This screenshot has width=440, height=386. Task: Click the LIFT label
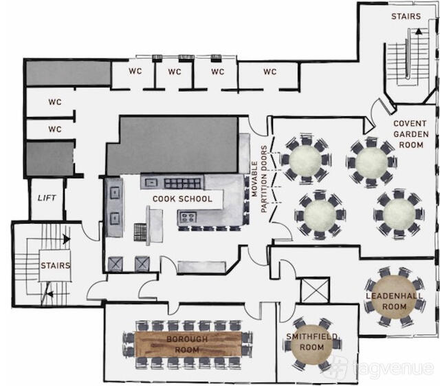click(x=47, y=197)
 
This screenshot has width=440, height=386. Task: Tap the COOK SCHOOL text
click(x=182, y=199)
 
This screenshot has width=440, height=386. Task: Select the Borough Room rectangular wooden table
click(x=188, y=344)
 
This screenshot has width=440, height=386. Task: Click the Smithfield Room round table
click(x=311, y=342)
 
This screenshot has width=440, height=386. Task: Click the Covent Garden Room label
click(x=411, y=134)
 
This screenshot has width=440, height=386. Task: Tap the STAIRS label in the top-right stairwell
click(x=406, y=17)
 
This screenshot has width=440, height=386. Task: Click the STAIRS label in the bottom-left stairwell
click(x=55, y=266)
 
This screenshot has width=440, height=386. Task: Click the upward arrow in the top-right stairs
click(x=419, y=32)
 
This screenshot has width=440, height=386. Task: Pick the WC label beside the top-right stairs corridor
click(x=270, y=72)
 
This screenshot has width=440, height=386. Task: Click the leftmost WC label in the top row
click(x=135, y=71)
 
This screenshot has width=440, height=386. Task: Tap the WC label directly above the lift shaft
click(x=55, y=129)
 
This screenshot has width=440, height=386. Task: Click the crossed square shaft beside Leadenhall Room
click(x=315, y=291)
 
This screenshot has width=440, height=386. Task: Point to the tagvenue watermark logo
click(x=338, y=367)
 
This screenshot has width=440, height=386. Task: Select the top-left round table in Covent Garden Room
click(x=305, y=160)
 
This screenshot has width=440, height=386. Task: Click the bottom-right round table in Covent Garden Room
click(x=399, y=215)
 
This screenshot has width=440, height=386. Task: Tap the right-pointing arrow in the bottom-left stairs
click(x=67, y=239)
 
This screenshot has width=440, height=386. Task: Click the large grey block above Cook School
click(x=173, y=145)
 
